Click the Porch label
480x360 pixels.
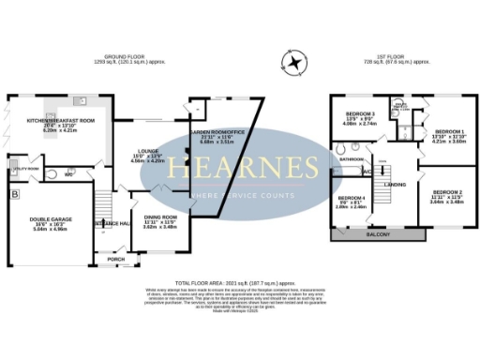tap(115, 259)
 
